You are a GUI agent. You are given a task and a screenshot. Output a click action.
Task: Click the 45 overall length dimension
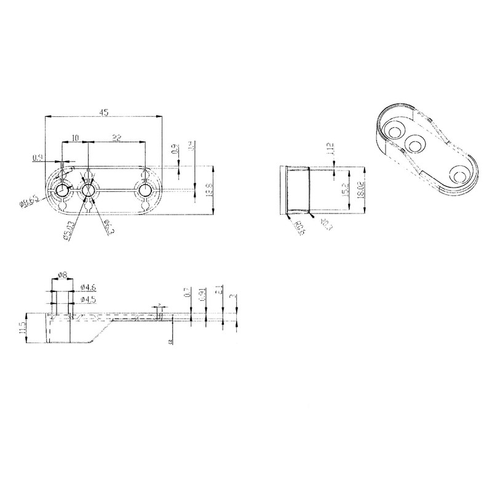[104, 112]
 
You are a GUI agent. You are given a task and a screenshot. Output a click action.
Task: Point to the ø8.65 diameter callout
[30, 200]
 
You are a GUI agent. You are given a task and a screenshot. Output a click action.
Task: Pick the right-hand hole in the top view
[146, 190]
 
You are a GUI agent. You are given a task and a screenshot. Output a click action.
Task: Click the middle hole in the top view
[89, 190]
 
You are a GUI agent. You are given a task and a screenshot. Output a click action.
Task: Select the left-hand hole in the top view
[62, 191]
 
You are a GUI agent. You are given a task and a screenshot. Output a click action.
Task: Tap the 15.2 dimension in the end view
[346, 191]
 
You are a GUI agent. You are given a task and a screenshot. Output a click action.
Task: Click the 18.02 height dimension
[361, 190]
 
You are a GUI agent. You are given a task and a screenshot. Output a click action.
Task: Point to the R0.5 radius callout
[300, 228]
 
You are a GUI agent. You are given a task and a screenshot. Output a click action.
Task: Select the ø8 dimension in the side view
[62, 276]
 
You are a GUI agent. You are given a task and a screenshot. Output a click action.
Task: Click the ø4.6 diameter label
[89, 287]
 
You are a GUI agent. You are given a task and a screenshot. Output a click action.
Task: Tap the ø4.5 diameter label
[89, 300]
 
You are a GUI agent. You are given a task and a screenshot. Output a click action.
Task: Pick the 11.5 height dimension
[23, 327]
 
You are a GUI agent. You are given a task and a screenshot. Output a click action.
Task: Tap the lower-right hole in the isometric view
[458, 176]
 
